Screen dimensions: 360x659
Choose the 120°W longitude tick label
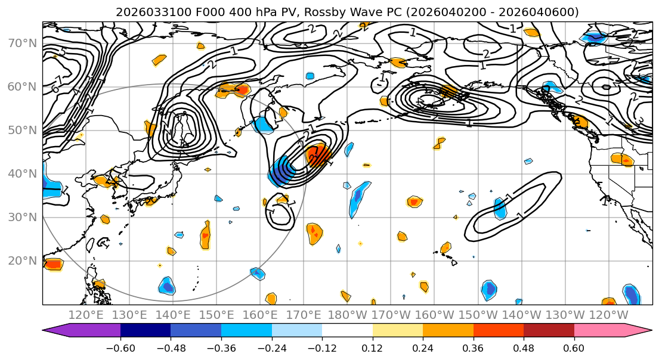(608, 314)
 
